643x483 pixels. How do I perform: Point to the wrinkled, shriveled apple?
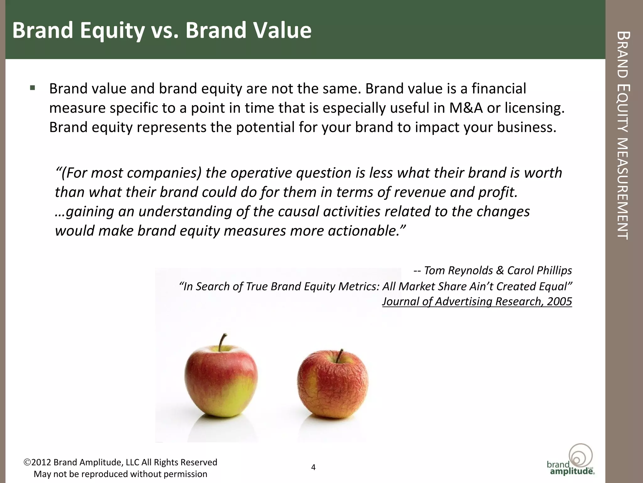333,385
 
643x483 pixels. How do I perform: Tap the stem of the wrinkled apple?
340,355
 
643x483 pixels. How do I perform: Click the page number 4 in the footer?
313,467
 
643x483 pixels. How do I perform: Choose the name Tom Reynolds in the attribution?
458,270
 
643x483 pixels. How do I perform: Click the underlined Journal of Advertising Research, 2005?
477,302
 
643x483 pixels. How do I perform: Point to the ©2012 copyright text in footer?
121,462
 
